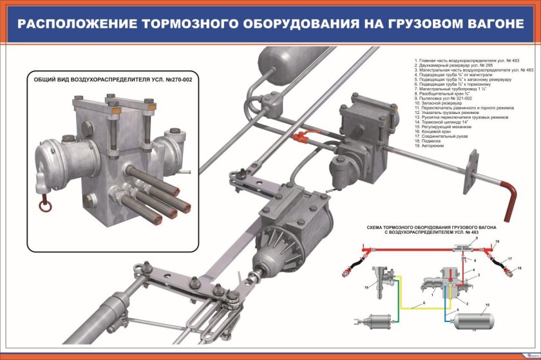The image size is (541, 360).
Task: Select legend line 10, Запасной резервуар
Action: (x=439, y=103)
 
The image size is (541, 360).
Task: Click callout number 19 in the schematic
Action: (x=365, y=287)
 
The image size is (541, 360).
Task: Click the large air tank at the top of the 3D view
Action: (x=283, y=61)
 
